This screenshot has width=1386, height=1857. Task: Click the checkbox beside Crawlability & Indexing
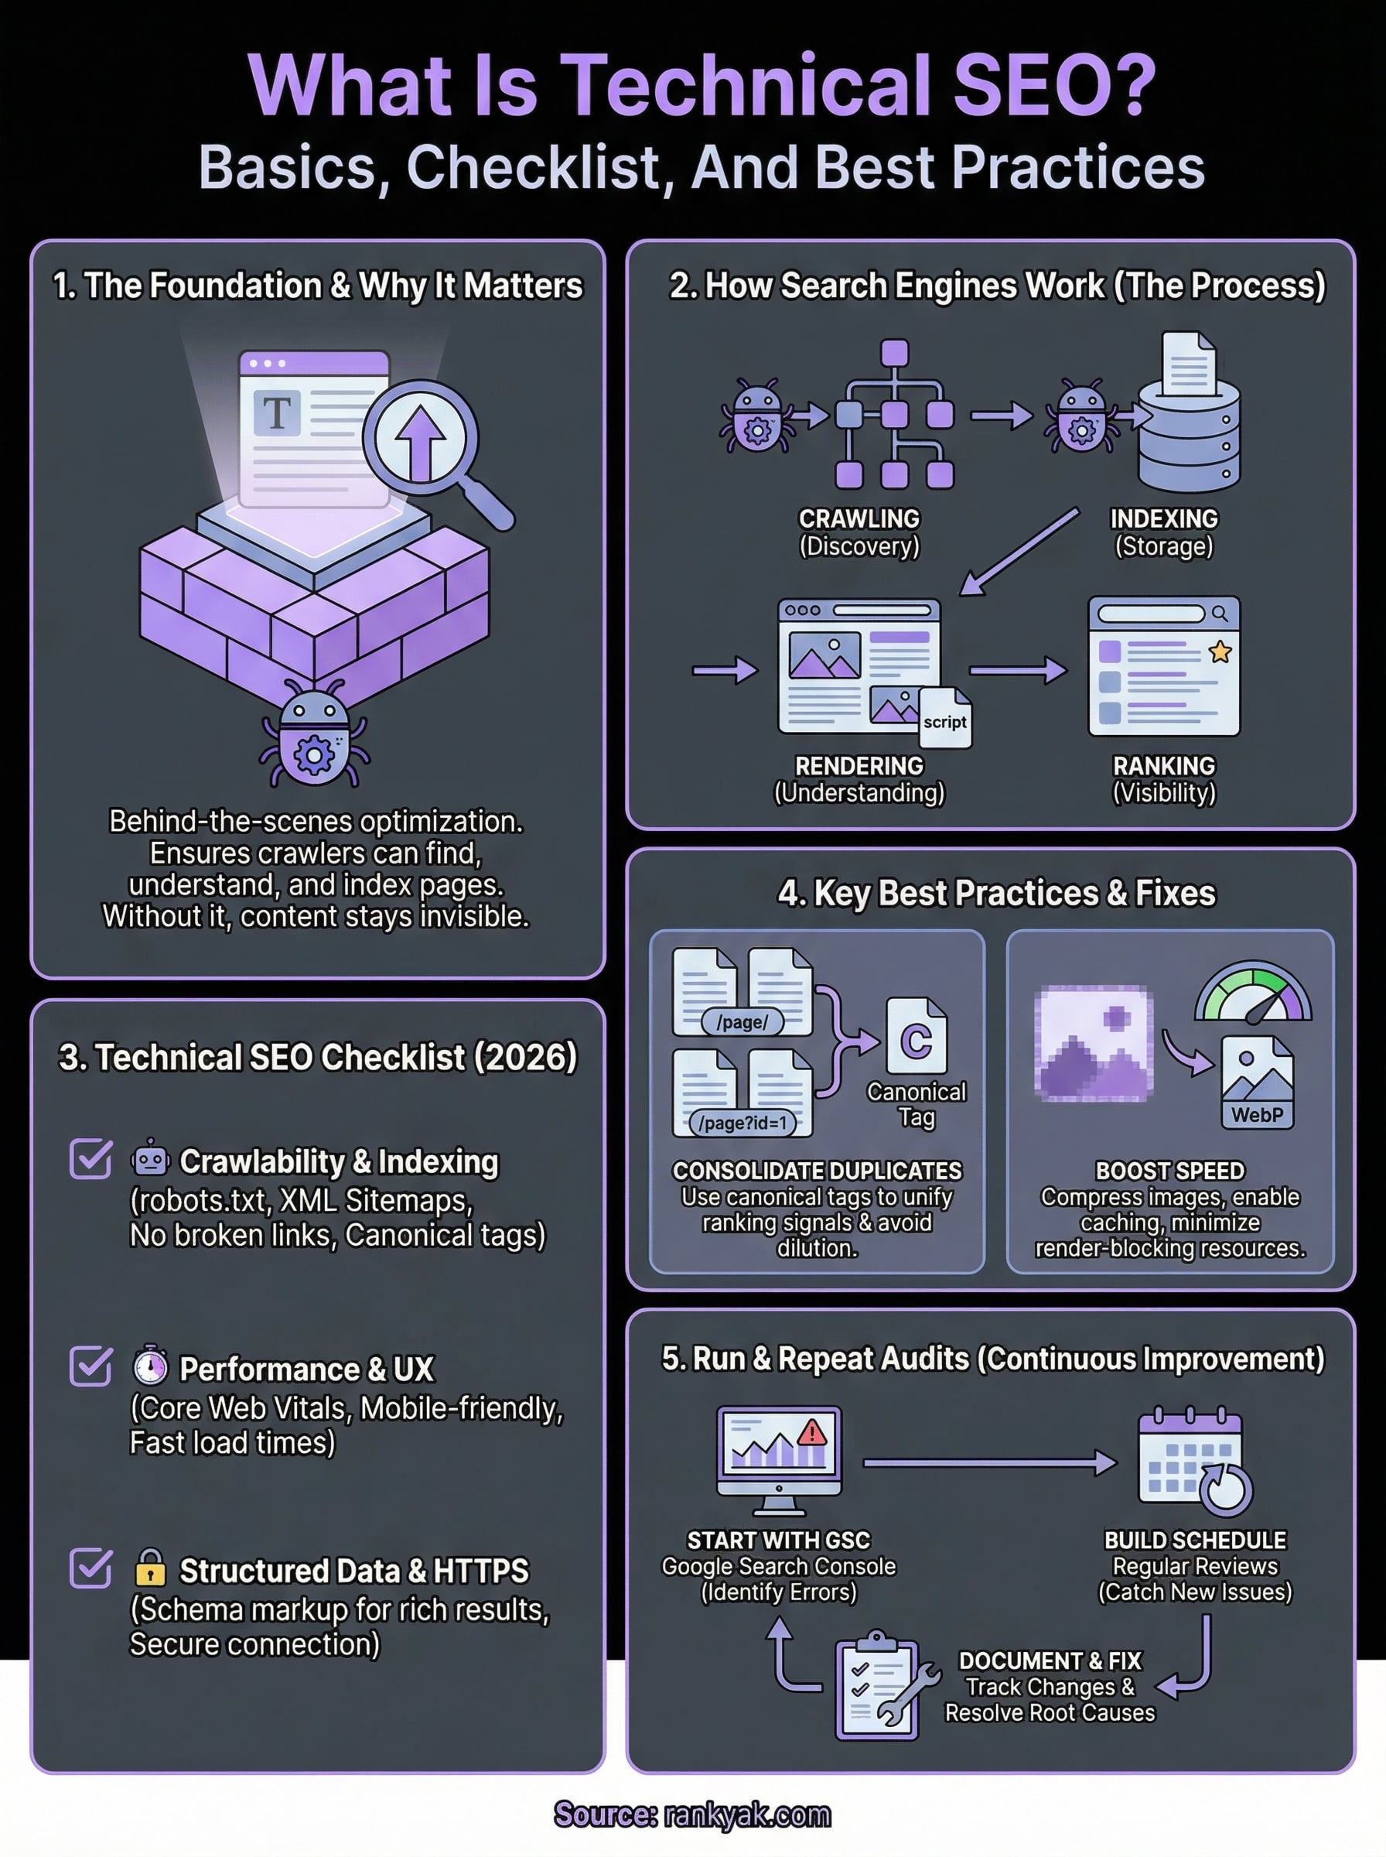point(90,1159)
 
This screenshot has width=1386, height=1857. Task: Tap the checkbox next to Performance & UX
point(90,1366)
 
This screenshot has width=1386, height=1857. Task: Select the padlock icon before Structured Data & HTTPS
point(150,1567)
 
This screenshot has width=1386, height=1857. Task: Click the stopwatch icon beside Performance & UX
point(150,1365)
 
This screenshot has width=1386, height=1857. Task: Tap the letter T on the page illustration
point(277,414)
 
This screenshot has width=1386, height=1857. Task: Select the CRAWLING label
point(859,518)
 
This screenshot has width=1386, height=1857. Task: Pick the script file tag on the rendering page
point(944,721)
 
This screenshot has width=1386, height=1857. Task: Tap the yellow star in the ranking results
point(1220,651)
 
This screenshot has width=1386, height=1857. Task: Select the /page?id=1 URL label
point(742,1123)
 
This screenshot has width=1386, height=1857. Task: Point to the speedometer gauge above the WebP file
point(1253,993)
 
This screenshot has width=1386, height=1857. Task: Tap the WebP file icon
point(1257,1082)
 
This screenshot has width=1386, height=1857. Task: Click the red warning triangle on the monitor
point(811,1433)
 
